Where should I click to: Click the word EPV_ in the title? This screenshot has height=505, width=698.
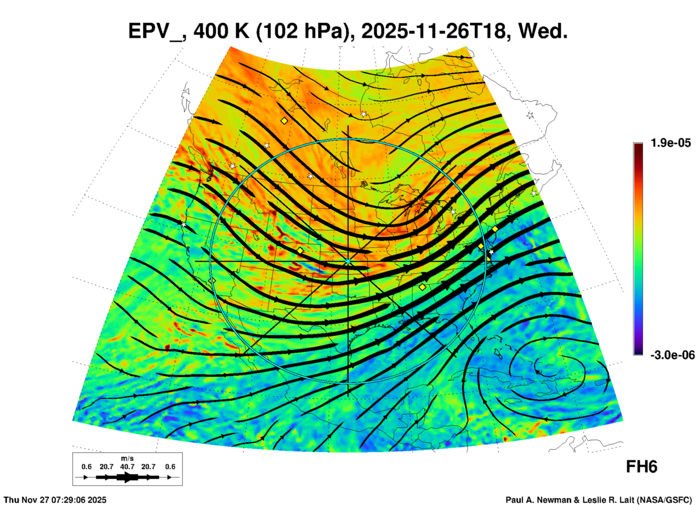(x=156, y=31)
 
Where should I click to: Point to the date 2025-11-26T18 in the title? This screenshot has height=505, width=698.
(x=433, y=31)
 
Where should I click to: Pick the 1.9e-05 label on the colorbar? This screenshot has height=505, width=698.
(x=670, y=143)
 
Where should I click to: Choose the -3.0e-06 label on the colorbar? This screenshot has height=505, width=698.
(x=672, y=355)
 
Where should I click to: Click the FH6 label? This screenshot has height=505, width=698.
(x=641, y=467)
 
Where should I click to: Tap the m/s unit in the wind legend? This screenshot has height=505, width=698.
(x=127, y=459)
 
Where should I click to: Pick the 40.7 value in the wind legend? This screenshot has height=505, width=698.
(x=127, y=467)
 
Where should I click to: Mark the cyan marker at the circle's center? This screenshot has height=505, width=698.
(x=348, y=261)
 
